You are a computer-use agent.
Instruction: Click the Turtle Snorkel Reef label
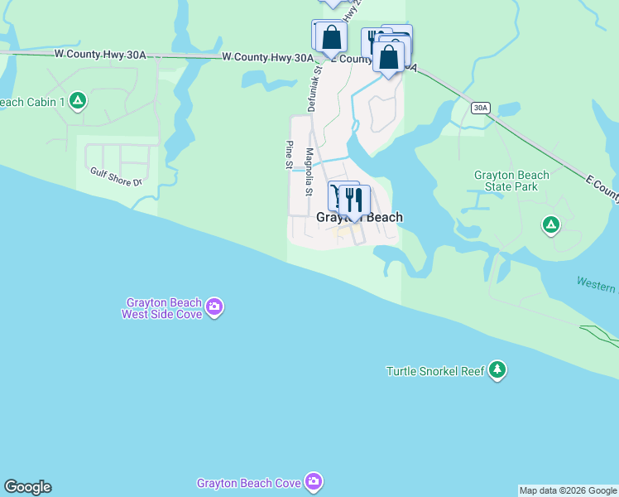(435, 371)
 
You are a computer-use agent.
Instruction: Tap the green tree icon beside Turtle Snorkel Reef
(497, 369)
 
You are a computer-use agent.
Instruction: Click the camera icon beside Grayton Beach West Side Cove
(214, 308)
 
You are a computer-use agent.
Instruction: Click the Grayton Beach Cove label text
(248, 483)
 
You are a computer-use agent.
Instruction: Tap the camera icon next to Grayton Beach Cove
(313, 481)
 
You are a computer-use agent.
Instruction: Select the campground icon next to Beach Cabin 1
(77, 101)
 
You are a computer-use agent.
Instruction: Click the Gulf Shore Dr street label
(117, 176)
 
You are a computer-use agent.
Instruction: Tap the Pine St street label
(289, 155)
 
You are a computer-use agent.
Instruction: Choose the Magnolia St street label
(309, 171)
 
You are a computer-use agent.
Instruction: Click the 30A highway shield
(480, 108)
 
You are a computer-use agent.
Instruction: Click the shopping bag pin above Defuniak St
(331, 37)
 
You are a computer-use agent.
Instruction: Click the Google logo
(27, 487)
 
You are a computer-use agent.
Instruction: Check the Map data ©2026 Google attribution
(568, 490)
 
